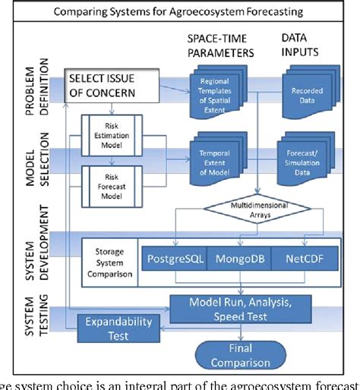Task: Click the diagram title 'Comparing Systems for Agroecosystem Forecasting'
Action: [x=185, y=11]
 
